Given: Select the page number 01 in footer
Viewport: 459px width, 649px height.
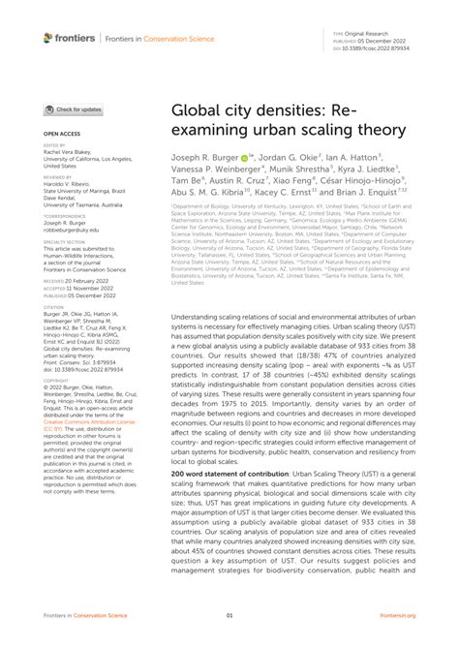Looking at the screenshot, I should pyautogui.click(x=229, y=616).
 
